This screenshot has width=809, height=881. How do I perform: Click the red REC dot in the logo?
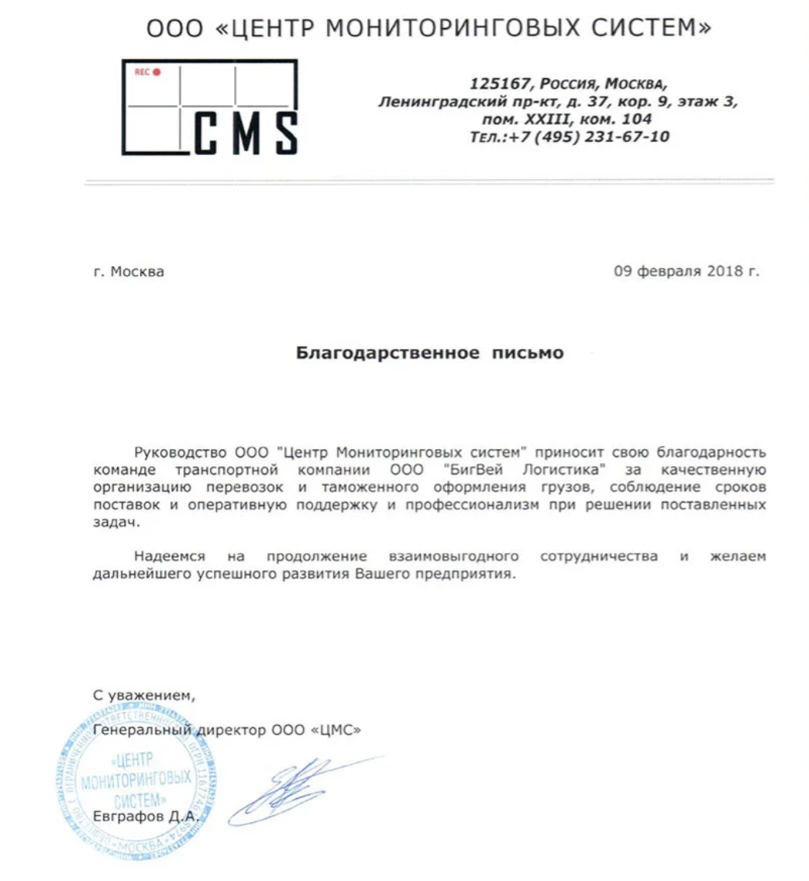pos(157,72)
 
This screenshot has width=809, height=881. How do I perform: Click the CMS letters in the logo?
pos(244,133)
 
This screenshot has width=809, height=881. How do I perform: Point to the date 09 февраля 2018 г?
pos(687,271)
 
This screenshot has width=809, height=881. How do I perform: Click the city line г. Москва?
pos(128,272)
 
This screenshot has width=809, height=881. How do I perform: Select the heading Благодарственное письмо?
pos(430,354)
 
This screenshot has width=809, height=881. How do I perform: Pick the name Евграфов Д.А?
pos(146,816)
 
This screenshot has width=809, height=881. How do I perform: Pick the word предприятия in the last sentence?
pos(472,575)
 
